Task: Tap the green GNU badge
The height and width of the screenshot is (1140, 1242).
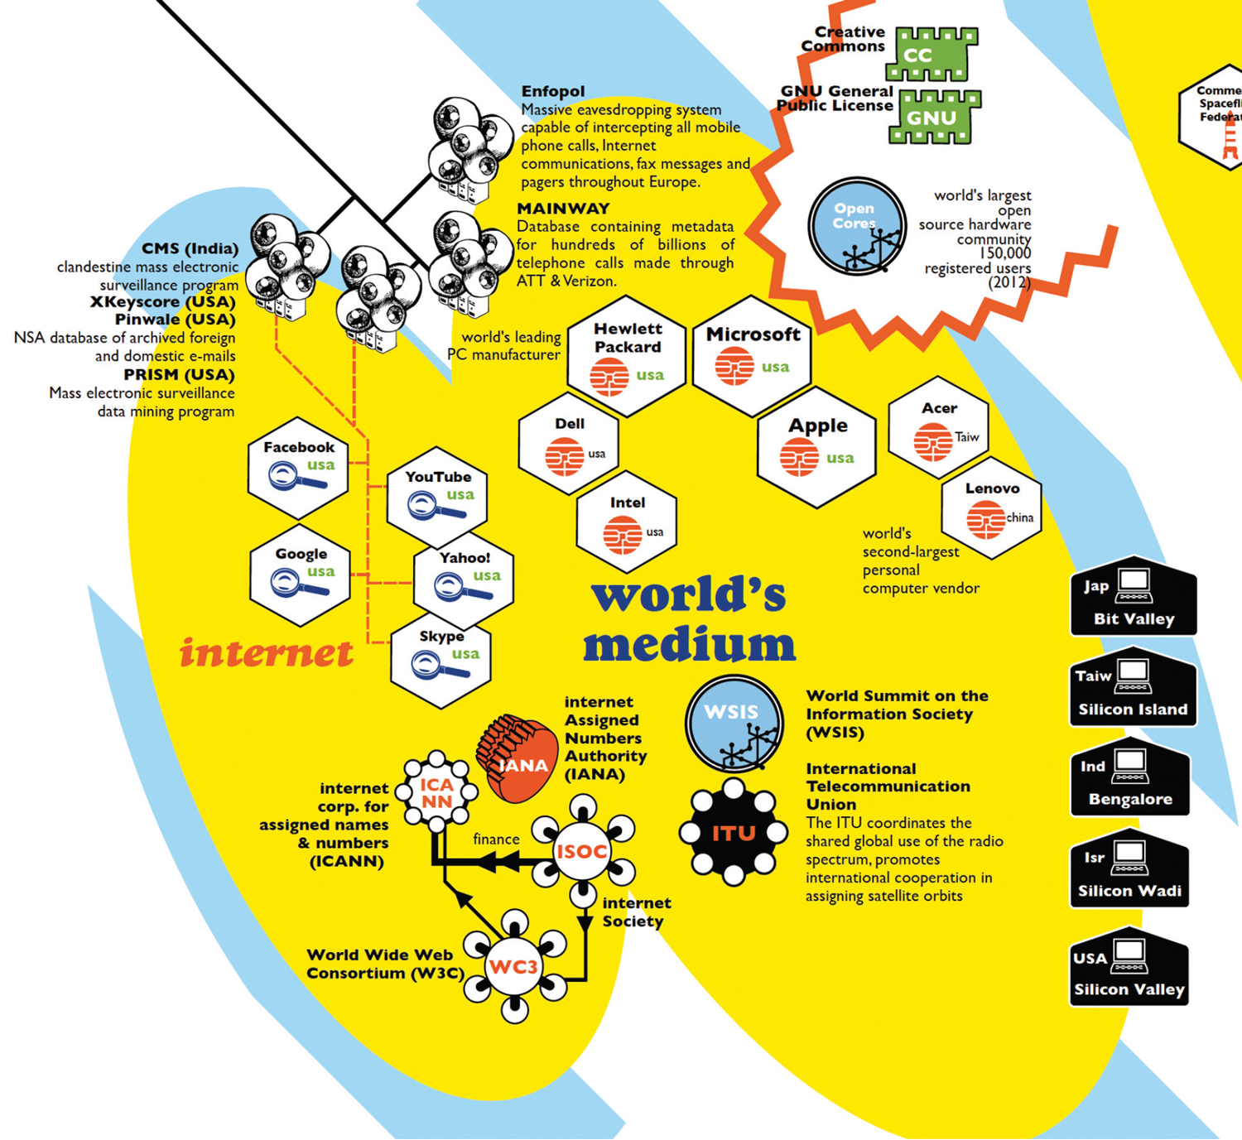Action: (934, 118)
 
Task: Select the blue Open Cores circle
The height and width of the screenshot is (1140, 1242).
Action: (856, 225)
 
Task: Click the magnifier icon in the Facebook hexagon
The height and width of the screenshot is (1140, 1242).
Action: (296, 479)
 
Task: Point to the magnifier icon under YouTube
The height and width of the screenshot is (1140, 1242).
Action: (435, 507)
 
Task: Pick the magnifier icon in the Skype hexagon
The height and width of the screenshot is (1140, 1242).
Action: (439, 666)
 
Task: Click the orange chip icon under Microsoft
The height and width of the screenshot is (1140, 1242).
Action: (734, 367)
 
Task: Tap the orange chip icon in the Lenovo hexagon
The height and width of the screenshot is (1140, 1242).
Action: (985, 519)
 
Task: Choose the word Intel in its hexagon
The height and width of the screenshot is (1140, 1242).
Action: (627, 503)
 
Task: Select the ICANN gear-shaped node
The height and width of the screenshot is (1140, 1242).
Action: (436, 792)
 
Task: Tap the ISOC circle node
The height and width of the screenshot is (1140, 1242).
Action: (582, 851)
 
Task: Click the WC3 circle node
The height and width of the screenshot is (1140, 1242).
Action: (513, 967)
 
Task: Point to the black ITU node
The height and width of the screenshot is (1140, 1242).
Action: (733, 833)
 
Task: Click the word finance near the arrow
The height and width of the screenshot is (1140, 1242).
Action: (496, 839)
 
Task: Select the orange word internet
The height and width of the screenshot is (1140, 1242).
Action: (267, 653)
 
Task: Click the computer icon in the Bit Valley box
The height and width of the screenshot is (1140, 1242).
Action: (1134, 586)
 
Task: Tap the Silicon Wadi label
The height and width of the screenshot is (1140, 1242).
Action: (1129, 891)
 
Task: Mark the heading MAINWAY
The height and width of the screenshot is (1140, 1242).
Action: (563, 209)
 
